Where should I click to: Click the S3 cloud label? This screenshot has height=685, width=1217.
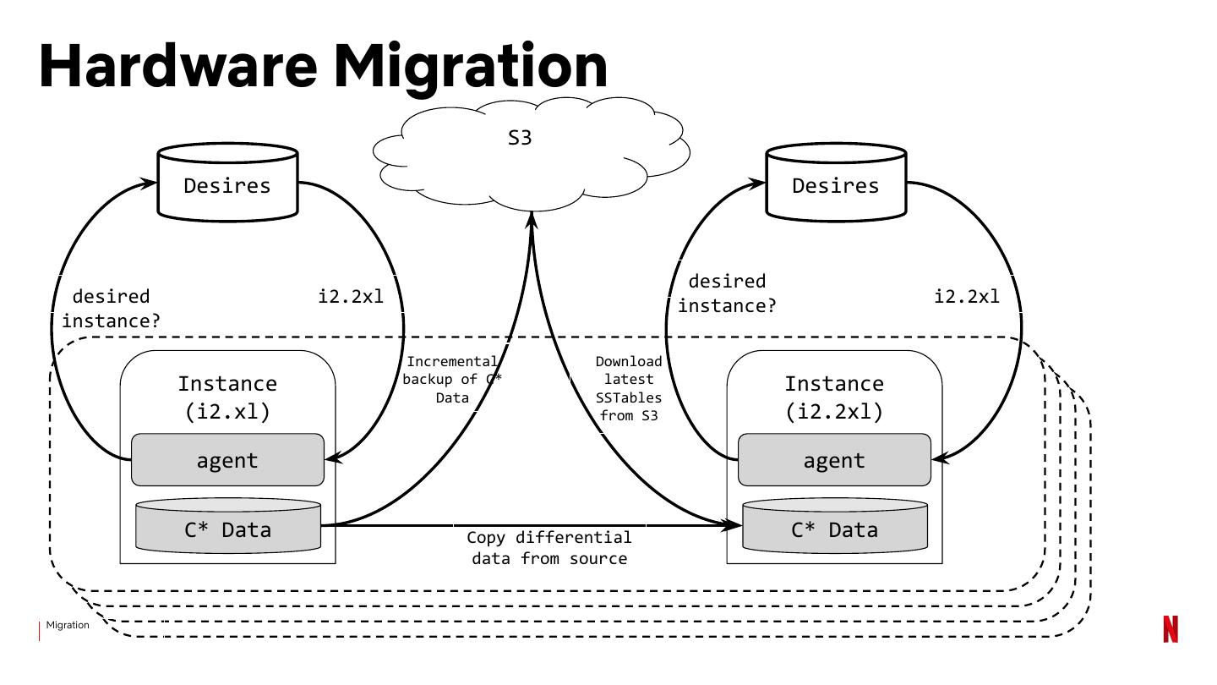[x=520, y=138]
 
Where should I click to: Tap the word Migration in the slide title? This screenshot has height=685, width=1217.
[x=470, y=66]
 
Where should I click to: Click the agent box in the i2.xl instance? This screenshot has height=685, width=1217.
[x=227, y=460]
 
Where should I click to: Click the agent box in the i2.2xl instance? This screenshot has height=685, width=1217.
[x=834, y=460]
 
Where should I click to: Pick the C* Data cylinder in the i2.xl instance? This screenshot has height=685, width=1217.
[x=228, y=527]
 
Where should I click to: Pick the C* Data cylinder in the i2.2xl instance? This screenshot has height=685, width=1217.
[x=835, y=527]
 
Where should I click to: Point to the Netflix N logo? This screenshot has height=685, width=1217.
[x=1171, y=629]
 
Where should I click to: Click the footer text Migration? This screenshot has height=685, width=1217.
[x=68, y=626]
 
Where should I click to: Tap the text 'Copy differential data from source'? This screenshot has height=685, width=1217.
[x=549, y=548]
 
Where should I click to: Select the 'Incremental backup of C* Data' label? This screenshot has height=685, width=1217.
[x=452, y=380]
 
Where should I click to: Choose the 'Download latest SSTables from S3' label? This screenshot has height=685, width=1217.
[x=629, y=388]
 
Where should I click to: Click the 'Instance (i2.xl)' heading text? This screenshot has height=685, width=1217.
[x=227, y=397]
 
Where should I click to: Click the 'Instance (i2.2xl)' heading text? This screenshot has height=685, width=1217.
[x=834, y=397]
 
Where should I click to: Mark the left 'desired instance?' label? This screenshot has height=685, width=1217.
[x=111, y=309]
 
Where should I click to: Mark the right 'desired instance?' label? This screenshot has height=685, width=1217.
[x=727, y=293]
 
